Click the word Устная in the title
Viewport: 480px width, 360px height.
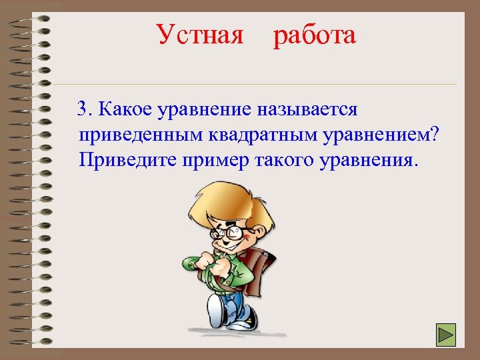(200, 35)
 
